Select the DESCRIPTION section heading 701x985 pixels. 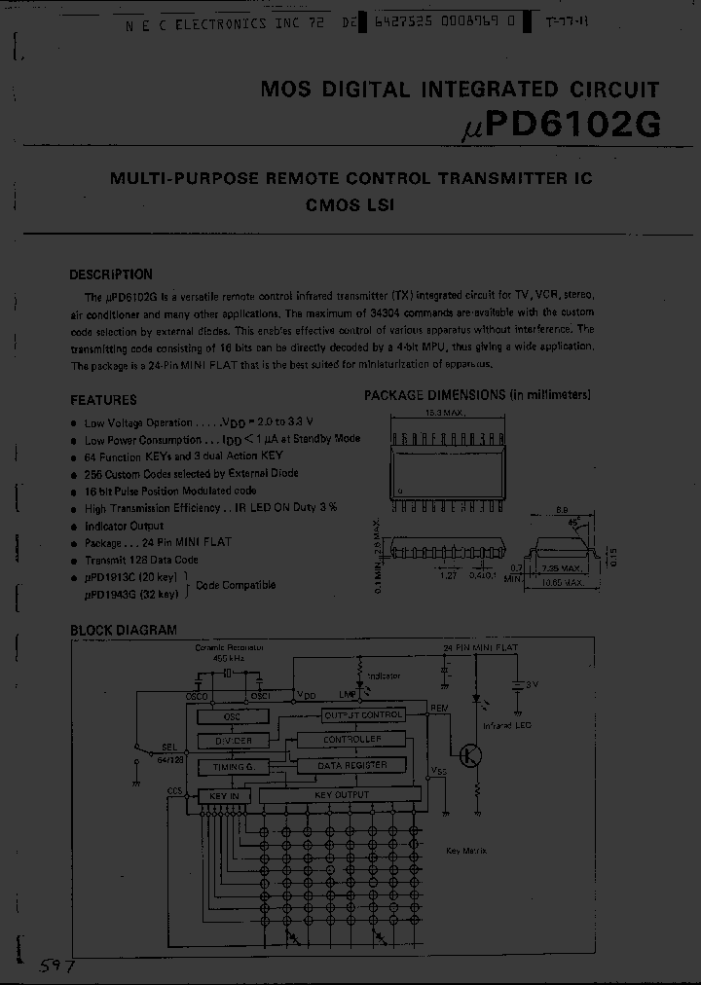click(x=111, y=274)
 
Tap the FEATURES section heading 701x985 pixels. click(x=103, y=399)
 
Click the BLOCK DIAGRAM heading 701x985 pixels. click(x=124, y=630)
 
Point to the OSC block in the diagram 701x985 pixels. click(x=232, y=715)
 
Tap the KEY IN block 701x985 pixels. click(x=224, y=795)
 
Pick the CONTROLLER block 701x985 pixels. click(x=352, y=740)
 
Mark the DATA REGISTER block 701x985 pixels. click(x=352, y=766)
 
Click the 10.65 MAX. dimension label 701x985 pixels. click(x=562, y=583)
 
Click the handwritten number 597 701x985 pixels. click(x=56, y=966)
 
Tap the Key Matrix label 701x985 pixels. click(x=466, y=850)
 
